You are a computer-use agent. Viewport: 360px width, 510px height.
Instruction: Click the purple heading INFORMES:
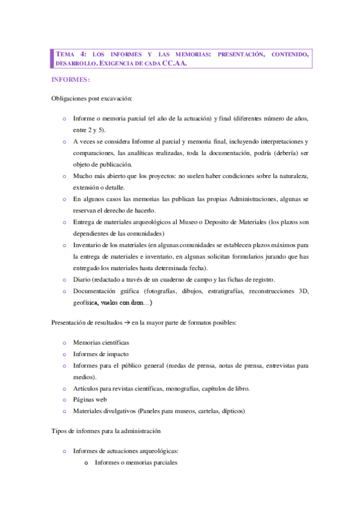71,79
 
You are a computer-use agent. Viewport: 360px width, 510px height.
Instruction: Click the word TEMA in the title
64,55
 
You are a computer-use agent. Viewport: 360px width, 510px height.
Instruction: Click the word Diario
82,280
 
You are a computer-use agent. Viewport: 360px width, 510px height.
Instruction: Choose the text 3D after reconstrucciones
303,291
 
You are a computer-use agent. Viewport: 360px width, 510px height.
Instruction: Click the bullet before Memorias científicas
64,342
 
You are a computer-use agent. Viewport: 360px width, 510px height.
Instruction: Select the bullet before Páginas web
64,399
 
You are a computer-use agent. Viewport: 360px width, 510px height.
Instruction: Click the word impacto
118,354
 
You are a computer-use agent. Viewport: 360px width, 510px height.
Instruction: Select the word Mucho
83,176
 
